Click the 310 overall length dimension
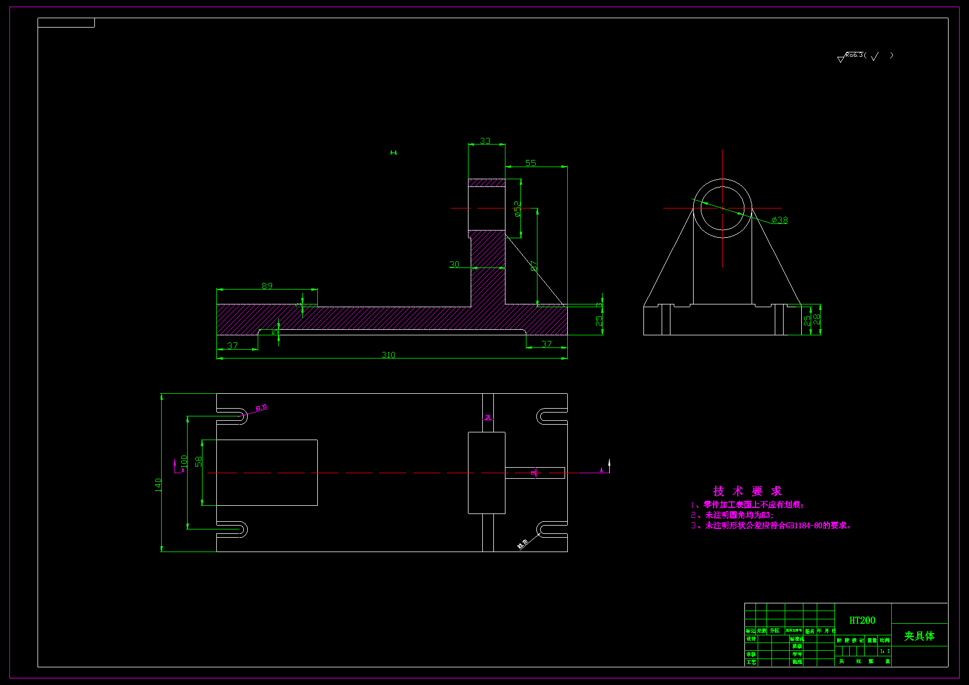pyautogui.click(x=388, y=355)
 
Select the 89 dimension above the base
pyautogui.click(x=267, y=286)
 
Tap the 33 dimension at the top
pyautogui.click(x=485, y=141)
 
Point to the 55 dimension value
pyautogui.click(x=530, y=163)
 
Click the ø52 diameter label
pyautogui.click(x=517, y=209)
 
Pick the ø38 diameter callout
pyautogui.click(x=780, y=220)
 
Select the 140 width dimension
pyautogui.click(x=158, y=485)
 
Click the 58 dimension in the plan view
pyautogui.click(x=199, y=461)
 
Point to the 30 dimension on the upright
pyautogui.click(x=454, y=264)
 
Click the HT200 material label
pyautogui.click(x=862, y=620)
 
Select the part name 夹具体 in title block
pyautogui.click(x=919, y=636)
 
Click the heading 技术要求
pyautogui.click(x=747, y=491)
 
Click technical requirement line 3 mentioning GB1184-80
pyautogui.click(x=770, y=526)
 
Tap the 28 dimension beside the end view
pyautogui.click(x=817, y=319)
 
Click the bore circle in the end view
pyautogui.click(x=722, y=208)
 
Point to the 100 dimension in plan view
pyautogui.click(x=184, y=461)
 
